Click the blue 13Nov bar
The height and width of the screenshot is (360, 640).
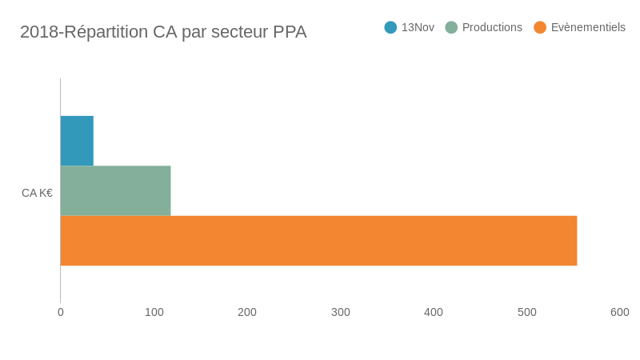coord(77,141)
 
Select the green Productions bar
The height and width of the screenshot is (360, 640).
coord(115,190)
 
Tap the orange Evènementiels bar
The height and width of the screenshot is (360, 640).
coord(318,241)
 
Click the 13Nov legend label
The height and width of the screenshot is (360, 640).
coord(418,27)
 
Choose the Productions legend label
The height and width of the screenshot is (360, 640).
coord(492,27)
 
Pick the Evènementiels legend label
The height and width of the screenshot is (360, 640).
coord(588,27)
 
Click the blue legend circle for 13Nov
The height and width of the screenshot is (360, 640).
coord(390,27)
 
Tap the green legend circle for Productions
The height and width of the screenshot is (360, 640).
coord(451,27)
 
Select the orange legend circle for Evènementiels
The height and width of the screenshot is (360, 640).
coord(540,27)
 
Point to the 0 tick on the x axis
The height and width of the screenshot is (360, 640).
coord(61,312)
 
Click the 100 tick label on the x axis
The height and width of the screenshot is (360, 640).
coord(154,312)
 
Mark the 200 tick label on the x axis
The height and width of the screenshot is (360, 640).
coord(247,312)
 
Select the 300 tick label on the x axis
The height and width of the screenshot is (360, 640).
coord(341,312)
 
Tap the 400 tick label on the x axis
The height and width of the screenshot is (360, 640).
coord(434,312)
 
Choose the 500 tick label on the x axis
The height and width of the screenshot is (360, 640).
coord(527,312)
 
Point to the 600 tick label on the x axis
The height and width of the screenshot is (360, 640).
coord(620,312)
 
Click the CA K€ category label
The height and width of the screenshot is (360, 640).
coord(37,193)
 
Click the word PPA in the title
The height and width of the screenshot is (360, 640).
coord(290,32)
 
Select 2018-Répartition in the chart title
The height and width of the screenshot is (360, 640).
coord(84,32)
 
